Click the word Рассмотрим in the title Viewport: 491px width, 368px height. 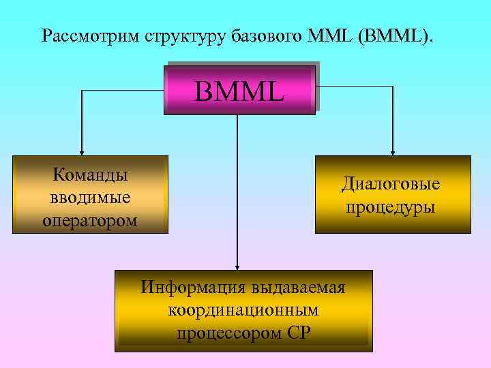click(x=90, y=35)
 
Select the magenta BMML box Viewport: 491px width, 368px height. click(x=239, y=90)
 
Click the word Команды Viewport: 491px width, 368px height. click(x=91, y=174)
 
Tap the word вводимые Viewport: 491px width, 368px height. click(x=90, y=197)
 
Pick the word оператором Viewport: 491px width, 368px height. click(x=90, y=219)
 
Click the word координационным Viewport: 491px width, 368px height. click(x=243, y=310)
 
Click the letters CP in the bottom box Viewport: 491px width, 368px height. click(x=298, y=333)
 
